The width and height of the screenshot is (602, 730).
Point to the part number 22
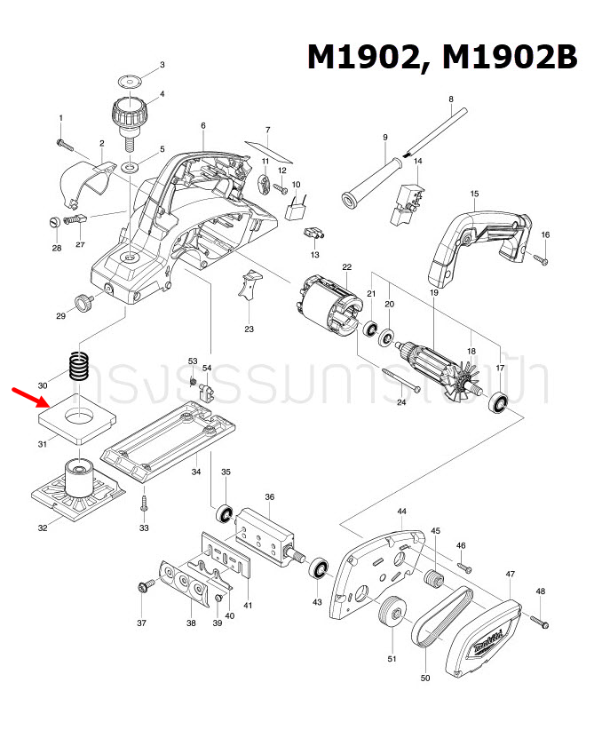point(347,266)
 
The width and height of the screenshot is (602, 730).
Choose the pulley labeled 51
point(390,615)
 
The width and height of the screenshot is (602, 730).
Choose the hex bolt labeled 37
point(142,586)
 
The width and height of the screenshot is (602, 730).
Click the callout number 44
point(401,512)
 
